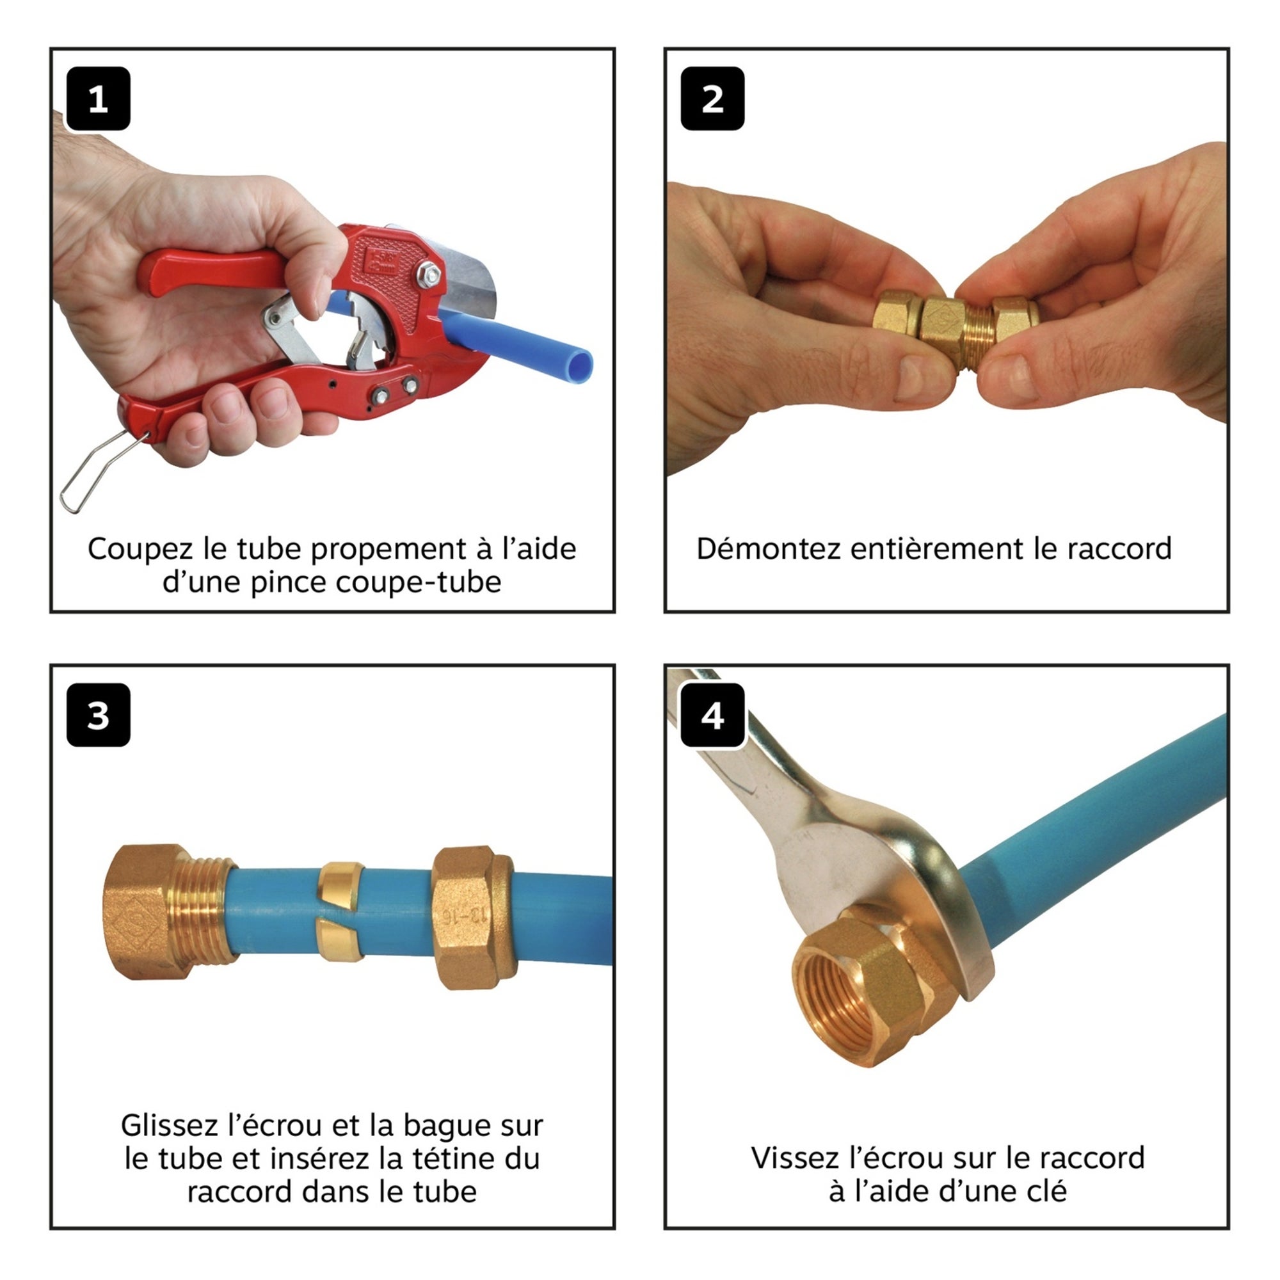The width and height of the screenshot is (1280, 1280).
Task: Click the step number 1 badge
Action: point(98,99)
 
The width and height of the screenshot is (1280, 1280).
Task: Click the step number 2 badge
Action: point(712,99)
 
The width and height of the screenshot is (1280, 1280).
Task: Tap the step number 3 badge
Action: point(98,716)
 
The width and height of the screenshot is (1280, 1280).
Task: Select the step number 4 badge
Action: point(712,716)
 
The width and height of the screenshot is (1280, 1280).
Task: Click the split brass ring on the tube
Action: point(339,911)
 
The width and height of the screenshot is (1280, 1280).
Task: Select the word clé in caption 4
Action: point(1046,1191)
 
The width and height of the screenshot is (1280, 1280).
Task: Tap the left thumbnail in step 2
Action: point(909,378)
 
